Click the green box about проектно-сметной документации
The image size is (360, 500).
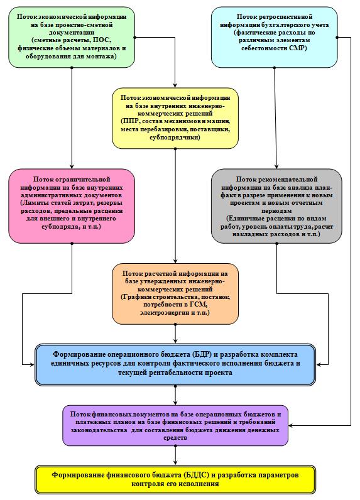pos(72,37)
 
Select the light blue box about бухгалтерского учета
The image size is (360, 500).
pos(274,37)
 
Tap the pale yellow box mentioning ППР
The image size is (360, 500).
pos(175,118)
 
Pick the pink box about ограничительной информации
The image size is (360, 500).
pos(72,206)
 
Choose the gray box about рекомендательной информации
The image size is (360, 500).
pos(276,206)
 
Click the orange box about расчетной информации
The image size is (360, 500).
pos(175,294)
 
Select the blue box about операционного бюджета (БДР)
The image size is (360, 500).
pos(175,364)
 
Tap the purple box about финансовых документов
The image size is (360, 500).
pos(175,425)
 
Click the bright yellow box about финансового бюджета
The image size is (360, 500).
pos(175,479)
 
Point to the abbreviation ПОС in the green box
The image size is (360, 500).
pos(101,40)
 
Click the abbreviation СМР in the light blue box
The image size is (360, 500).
pos(297,48)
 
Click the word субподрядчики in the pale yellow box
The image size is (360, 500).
pos(175,138)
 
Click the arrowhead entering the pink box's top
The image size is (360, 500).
pos(72,166)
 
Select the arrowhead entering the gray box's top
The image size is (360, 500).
pos(276,166)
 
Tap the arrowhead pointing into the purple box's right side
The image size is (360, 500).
pos(291,425)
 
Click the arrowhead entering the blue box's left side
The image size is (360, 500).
pos(32,364)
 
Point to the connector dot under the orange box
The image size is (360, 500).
pos(175,324)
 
